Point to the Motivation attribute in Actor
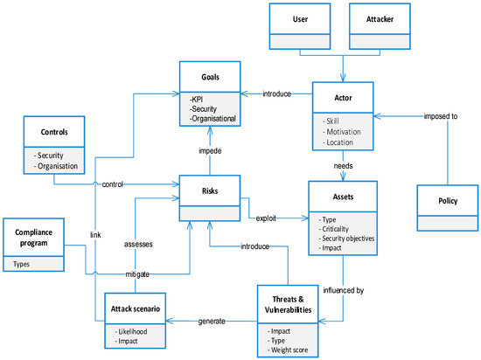(340, 128)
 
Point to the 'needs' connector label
(342, 163)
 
